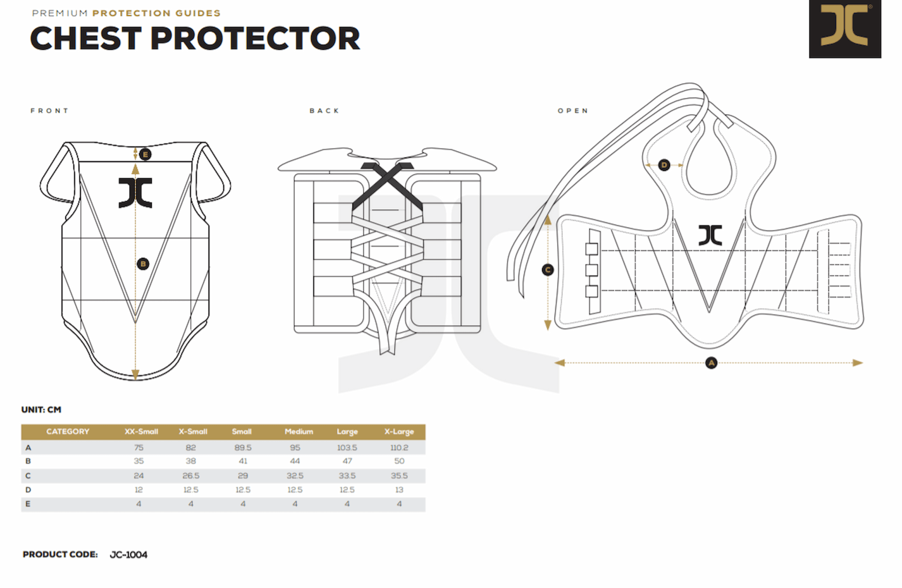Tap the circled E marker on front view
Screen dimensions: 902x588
145,155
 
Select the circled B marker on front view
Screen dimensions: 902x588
143,263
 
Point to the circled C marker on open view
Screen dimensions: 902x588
548,270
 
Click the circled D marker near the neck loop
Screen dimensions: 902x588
664,165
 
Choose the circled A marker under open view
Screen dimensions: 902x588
711,363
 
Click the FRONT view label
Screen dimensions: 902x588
49,111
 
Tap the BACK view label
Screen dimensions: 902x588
324,111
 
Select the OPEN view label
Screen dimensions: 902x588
573,111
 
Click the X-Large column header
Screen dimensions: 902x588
399,432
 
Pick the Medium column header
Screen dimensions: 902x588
299,432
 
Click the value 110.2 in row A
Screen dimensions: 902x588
399,448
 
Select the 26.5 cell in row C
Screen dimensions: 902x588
191,476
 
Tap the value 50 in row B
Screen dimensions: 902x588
399,461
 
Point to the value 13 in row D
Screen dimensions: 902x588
399,490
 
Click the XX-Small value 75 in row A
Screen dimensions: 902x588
139,448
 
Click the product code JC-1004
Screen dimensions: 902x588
128,555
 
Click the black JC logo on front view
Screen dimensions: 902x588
135,193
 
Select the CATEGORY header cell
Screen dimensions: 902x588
68,432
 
